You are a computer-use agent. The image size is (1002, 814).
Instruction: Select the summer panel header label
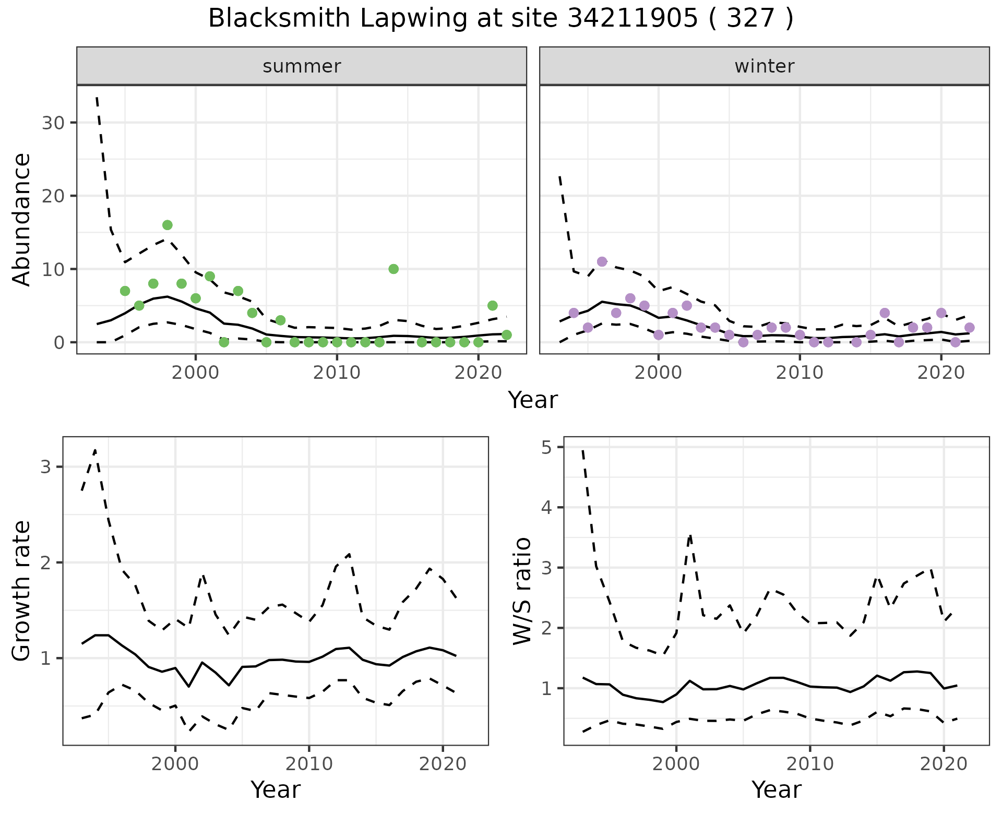pos(302,66)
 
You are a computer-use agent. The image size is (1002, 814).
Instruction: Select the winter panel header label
pos(764,66)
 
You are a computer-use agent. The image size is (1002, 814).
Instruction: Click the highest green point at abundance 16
pos(167,225)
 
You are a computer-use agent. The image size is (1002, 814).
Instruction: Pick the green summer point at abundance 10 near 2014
pos(393,269)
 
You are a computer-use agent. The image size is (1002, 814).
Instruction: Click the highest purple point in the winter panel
pos(602,261)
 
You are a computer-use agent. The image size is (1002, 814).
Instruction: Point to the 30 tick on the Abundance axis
pos(53,123)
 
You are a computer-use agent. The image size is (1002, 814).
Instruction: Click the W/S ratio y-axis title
pos(522,591)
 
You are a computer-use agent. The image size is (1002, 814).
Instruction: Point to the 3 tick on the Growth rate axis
pos(45,467)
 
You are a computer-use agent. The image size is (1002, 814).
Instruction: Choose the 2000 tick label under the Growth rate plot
pos(175,764)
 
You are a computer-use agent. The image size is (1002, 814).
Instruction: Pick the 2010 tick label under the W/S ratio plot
pos(809,764)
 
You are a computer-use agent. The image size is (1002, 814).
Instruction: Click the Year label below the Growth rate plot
pos(276,789)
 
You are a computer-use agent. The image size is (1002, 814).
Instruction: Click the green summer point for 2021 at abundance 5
pos(492,305)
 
